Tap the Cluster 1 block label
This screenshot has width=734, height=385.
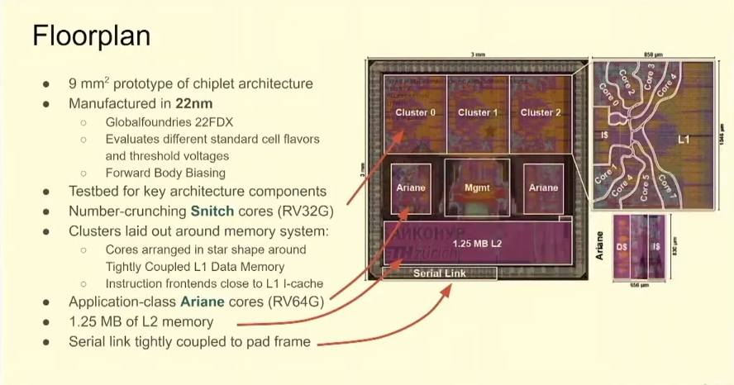point(478,112)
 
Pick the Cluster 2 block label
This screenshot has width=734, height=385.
point(540,112)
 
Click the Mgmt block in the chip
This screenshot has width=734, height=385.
point(477,188)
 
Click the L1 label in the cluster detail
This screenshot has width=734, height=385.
point(684,140)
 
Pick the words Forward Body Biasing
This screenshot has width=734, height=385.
point(165,173)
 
